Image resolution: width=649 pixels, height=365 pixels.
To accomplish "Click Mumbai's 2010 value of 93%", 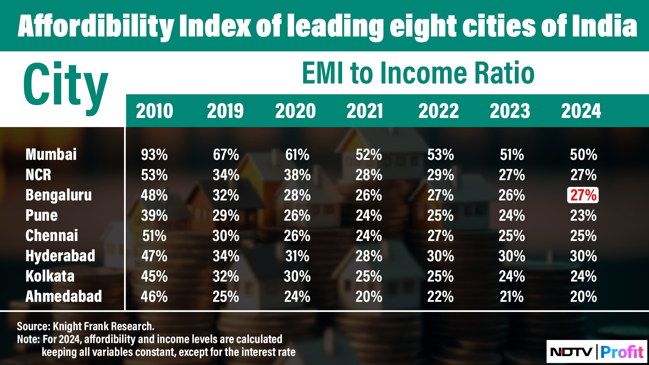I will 154,155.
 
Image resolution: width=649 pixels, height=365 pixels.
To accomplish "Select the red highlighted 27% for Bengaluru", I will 583,195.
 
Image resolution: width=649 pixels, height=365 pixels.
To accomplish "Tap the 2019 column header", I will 225,111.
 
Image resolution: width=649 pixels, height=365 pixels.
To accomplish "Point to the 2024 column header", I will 581,111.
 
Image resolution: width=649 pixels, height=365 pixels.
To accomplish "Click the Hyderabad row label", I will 60,256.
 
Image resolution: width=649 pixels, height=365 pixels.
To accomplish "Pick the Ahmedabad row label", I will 64,296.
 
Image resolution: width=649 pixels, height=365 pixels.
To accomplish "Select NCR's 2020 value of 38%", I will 297,175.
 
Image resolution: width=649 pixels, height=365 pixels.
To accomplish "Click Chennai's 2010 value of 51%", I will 154,236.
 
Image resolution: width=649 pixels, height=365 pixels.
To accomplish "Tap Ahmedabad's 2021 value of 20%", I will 369,297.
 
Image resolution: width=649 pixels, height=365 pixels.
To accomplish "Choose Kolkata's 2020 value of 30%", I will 297,276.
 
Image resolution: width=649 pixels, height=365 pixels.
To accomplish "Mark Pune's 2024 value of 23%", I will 583,216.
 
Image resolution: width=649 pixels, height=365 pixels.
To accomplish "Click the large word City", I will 66,86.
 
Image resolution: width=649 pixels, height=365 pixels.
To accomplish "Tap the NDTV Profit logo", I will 597,352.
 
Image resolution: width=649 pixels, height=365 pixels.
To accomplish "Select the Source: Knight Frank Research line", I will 86,326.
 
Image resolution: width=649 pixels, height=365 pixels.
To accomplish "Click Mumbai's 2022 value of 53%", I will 440,155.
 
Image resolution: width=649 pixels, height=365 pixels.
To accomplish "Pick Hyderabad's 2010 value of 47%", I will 154,256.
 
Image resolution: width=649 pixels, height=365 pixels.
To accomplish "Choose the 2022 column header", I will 438,111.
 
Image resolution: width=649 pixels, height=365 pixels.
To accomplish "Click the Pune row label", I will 42,215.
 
